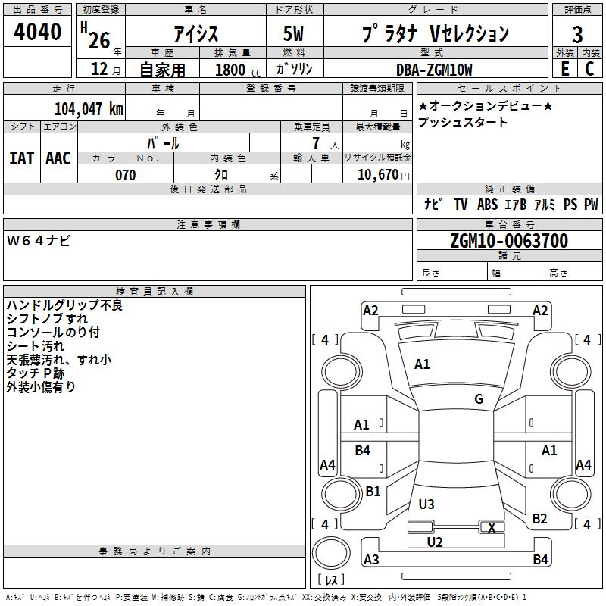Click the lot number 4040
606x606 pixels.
coord(38,33)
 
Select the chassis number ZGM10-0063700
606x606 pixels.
coord(509,241)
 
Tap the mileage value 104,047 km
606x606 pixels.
coord(89,108)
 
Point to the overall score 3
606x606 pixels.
coord(578,34)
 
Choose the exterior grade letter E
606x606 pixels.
coord(564,69)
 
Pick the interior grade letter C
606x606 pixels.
coord(590,69)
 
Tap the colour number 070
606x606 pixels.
coord(125,175)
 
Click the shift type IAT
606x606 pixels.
coord(21,158)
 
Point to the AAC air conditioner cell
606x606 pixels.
coord(58,158)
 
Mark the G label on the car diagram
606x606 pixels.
coord(479,399)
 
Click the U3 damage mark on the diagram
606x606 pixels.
coord(426,504)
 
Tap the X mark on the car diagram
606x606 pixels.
coord(492,528)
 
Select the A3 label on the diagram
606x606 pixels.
coord(371,560)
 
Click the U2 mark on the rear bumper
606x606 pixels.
coord(434,542)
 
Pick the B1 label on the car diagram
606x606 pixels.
coord(373,492)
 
